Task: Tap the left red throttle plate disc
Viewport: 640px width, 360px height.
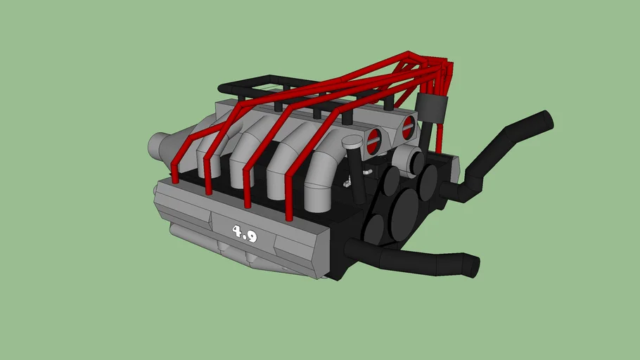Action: coord(373,140)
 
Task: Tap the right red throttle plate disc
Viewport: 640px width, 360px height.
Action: coord(409,127)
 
